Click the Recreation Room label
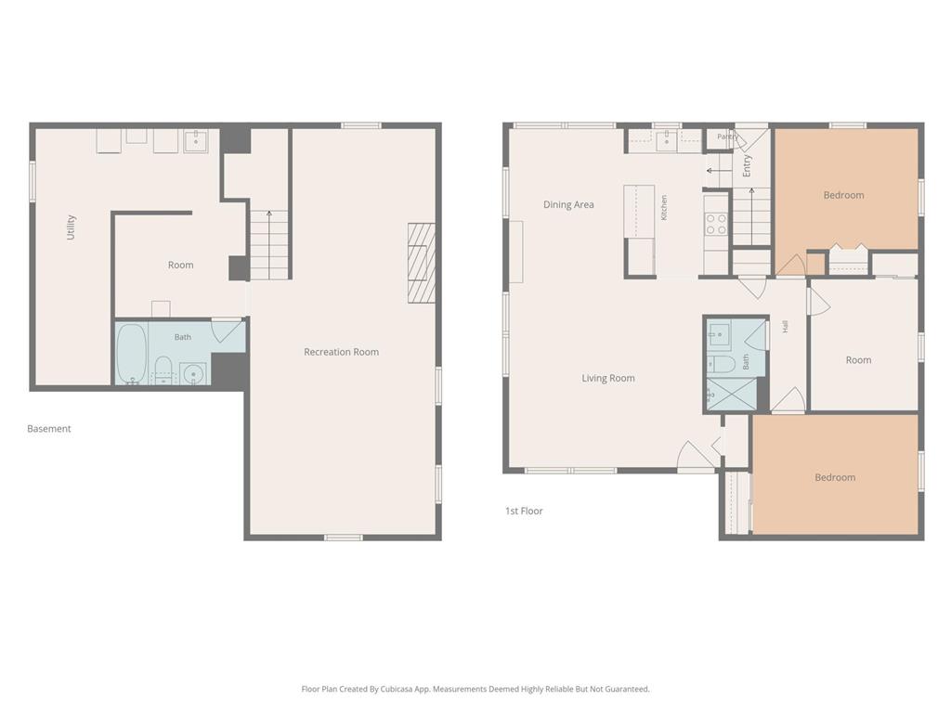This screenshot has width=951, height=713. click(342, 352)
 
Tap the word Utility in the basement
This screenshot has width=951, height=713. click(71, 227)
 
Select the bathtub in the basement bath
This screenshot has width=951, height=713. click(132, 354)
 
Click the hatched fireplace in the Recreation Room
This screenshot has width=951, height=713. click(422, 263)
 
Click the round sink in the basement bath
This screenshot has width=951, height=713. click(193, 373)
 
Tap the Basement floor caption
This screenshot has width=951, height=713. click(49, 429)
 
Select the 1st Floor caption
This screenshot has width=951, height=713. click(524, 512)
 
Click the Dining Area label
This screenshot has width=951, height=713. click(568, 204)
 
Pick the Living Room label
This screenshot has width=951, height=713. click(608, 379)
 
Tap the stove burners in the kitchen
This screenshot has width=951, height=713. click(716, 224)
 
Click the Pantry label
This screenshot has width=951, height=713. click(727, 136)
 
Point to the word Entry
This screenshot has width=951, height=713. click(747, 165)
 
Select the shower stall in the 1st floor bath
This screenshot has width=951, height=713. click(732, 395)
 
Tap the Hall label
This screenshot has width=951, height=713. click(786, 327)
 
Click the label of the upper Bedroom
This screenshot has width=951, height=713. click(843, 195)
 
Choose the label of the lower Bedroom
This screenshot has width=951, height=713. click(835, 478)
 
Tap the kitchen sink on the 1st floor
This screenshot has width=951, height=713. click(667, 140)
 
